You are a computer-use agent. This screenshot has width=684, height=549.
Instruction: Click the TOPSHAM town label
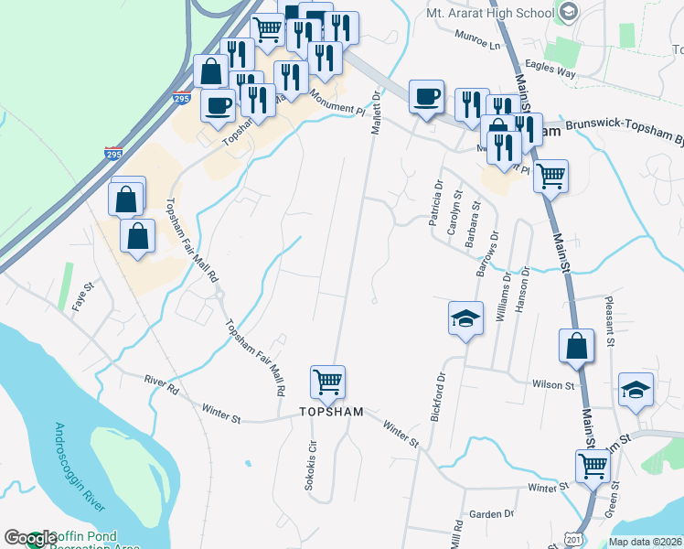click(x=331, y=413)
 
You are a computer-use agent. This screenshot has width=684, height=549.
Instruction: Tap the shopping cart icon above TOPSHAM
click(x=328, y=382)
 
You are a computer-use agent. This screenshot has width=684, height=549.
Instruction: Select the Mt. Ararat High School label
click(x=491, y=13)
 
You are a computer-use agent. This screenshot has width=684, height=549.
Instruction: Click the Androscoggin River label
click(x=80, y=467)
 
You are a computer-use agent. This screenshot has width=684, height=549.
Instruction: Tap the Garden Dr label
click(x=491, y=514)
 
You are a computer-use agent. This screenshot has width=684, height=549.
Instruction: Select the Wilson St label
click(x=553, y=385)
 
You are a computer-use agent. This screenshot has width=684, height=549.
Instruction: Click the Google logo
click(x=29, y=539)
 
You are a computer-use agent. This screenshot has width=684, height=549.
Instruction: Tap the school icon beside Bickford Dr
click(x=465, y=319)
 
